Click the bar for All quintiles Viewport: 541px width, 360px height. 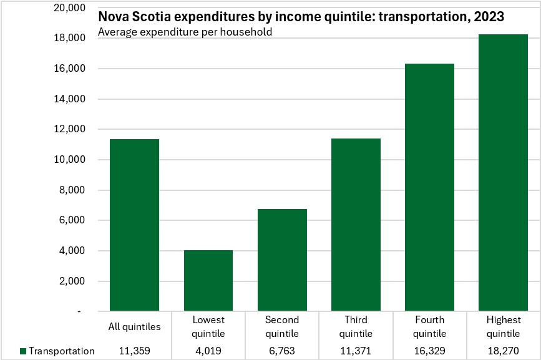pyautogui.click(x=134, y=225)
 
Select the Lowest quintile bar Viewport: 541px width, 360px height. pyautogui.click(x=208, y=280)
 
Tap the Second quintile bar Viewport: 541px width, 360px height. pyautogui.click(x=282, y=260)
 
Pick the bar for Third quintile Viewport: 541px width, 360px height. pyautogui.click(x=356, y=225)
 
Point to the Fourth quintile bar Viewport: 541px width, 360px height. pyautogui.click(x=429, y=187)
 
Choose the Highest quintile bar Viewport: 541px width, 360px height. pyautogui.click(x=503, y=172)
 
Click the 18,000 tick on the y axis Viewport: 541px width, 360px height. pyautogui.click(x=70, y=37)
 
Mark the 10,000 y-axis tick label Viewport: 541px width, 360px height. pyautogui.click(x=70, y=159)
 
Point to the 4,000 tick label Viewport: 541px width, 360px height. pyautogui.click(x=72, y=251)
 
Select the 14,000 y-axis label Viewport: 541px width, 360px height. pyautogui.click(x=70, y=99)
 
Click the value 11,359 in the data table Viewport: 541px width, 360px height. pyautogui.click(x=135, y=351)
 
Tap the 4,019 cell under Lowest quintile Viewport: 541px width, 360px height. pyautogui.click(x=208, y=351)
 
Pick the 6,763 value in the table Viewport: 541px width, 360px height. pyautogui.click(x=282, y=351)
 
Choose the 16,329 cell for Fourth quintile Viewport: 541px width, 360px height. pyautogui.click(x=429, y=351)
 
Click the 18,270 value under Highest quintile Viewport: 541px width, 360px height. pyautogui.click(x=504, y=351)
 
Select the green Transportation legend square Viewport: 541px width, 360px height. pyautogui.click(x=23, y=351)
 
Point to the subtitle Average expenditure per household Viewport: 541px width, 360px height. pyautogui.click(x=185, y=32)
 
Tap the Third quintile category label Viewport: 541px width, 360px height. pyautogui.click(x=356, y=326)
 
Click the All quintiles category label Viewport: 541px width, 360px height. pyautogui.click(x=135, y=326)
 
